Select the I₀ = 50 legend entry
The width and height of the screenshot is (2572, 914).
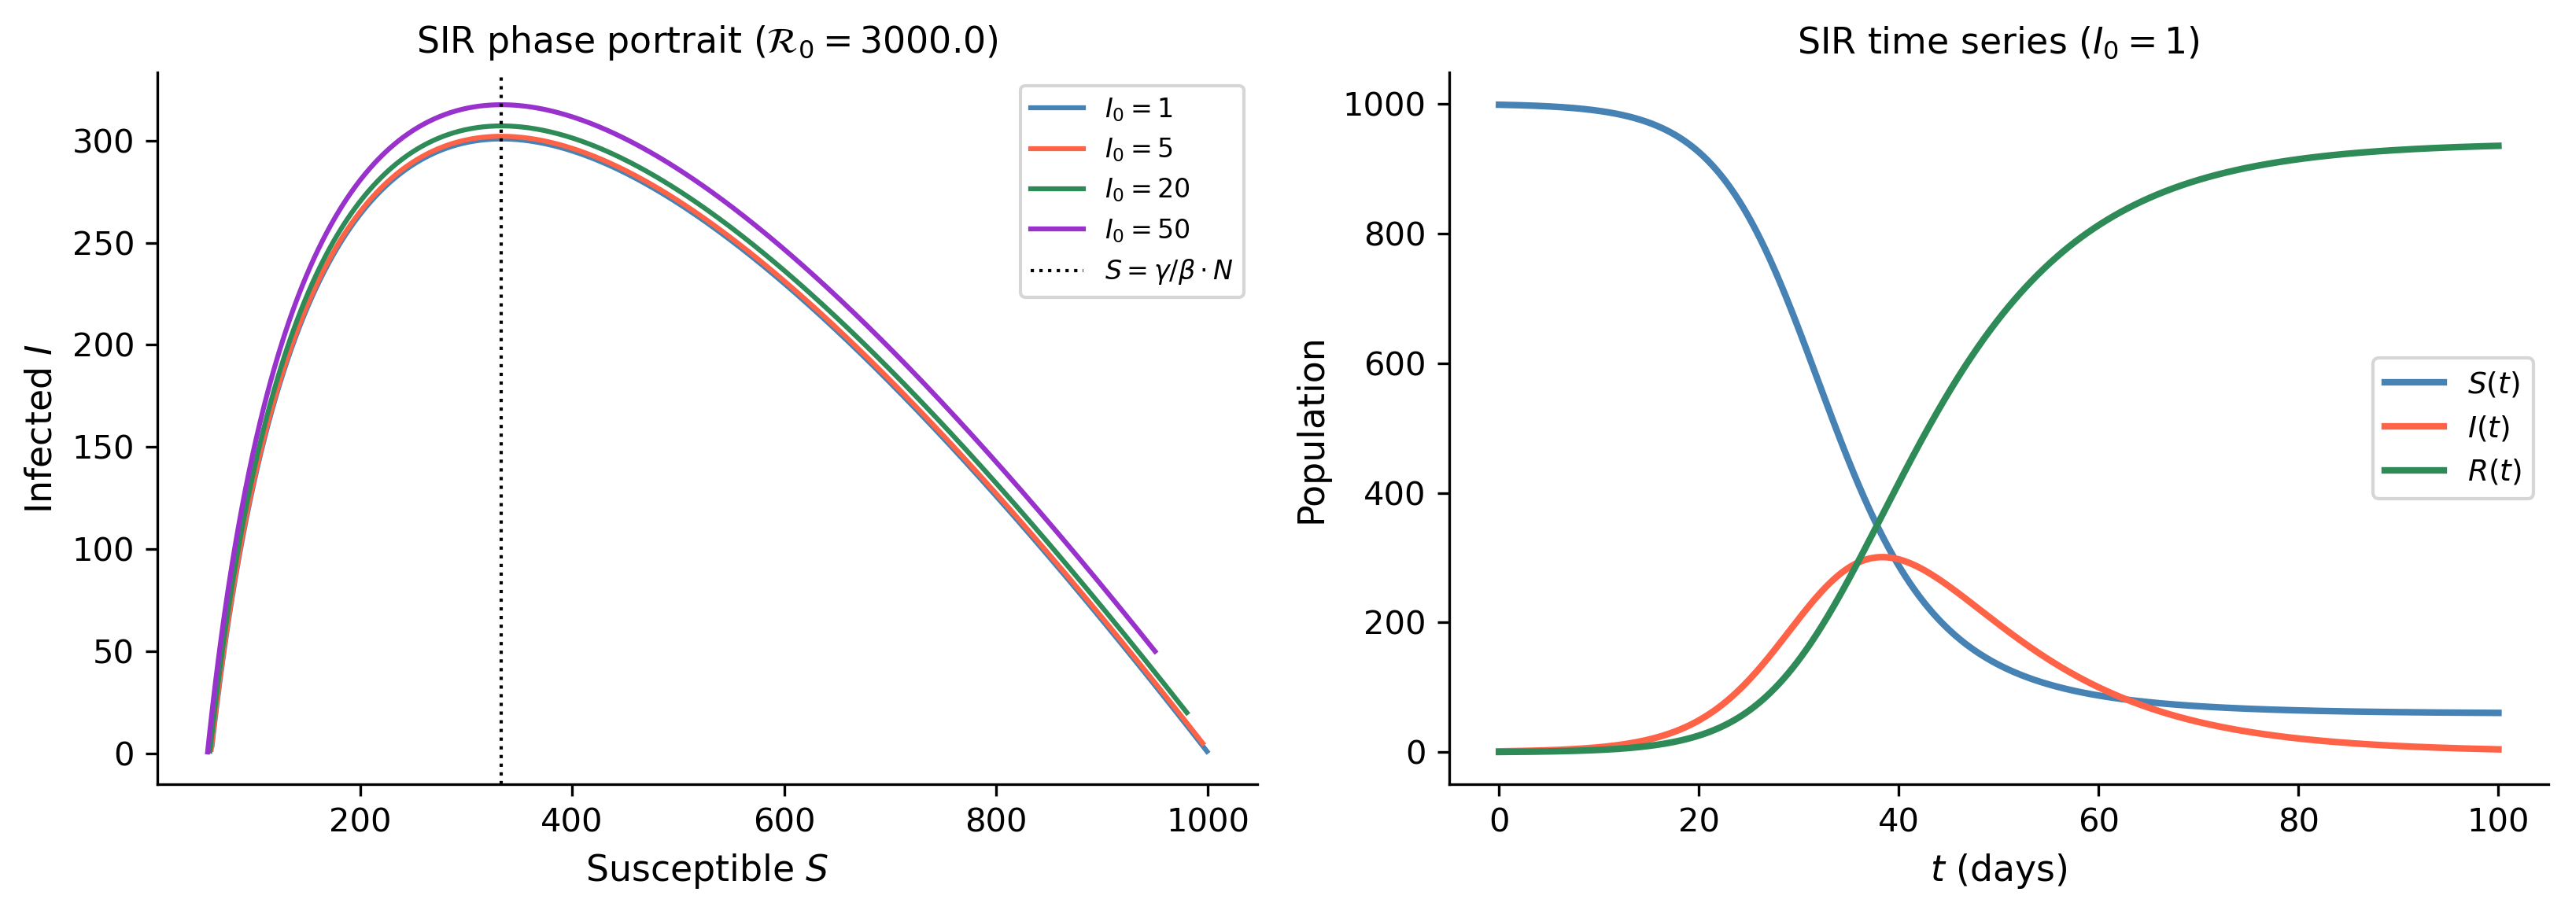[x=1109, y=230]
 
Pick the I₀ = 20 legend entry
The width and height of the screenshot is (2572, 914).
[x=1109, y=189]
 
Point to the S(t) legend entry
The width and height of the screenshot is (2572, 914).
[x=2451, y=382]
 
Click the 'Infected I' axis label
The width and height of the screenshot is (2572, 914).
[x=39, y=428]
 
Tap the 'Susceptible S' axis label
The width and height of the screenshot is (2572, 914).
[x=707, y=869]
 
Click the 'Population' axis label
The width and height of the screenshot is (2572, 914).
[x=1311, y=432]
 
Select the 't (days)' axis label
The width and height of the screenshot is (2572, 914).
[x=1999, y=869]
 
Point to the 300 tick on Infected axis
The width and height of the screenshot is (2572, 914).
[x=103, y=142]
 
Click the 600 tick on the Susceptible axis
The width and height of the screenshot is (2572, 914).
[x=784, y=820]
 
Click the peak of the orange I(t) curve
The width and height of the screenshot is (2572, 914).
[x=1883, y=557]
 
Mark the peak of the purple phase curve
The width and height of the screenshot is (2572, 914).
[x=500, y=105]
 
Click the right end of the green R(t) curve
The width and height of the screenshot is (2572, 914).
[x=2499, y=146]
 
